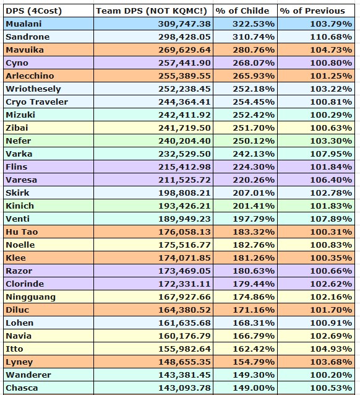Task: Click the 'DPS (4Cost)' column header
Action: [x=33, y=11]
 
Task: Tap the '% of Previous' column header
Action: [x=312, y=11]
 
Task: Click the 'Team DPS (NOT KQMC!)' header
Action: [x=152, y=11]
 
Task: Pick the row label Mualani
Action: [x=24, y=24]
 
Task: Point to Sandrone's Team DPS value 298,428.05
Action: [x=184, y=37]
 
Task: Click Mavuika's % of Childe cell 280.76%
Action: [x=254, y=50]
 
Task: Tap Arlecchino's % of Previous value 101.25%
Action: [x=331, y=76]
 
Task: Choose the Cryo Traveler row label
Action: [x=36, y=102]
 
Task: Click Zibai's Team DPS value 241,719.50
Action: [x=184, y=128]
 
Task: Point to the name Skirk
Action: [x=17, y=193]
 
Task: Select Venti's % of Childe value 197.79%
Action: [x=254, y=219]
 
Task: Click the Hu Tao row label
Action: [x=22, y=232]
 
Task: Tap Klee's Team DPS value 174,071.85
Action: [x=184, y=258]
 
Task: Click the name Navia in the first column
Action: [x=19, y=336]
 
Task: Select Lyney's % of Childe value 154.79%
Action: [x=254, y=362]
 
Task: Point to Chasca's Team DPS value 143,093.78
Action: [x=184, y=388]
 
